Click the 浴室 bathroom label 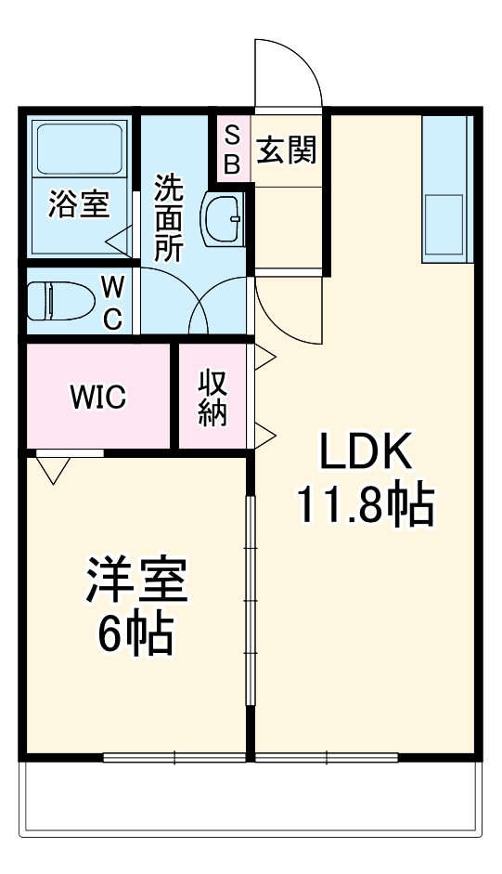coord(79,204)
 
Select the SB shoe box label coord(232,151)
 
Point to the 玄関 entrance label coord(287,150)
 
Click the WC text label coord(111,302)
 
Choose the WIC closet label coord(98,398)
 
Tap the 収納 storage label coord(212,398)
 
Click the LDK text coord(365,454)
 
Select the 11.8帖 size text coord(365,505)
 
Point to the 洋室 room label coord(137,582)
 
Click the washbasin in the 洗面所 coord(222,220)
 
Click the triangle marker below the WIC coord(53,470)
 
